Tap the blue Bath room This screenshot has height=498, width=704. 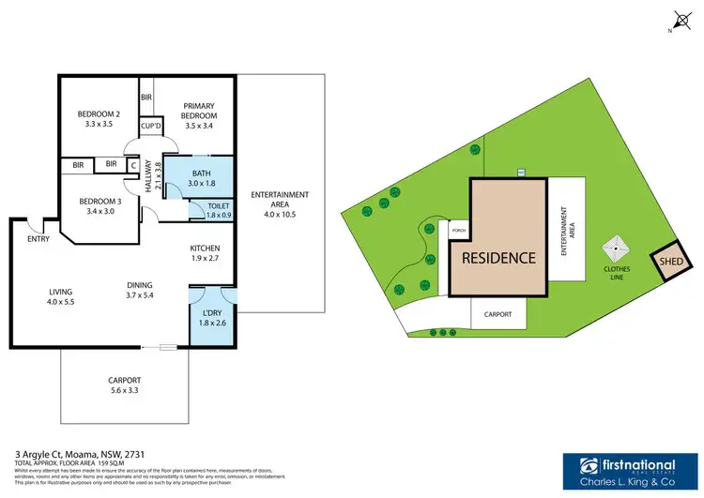(201, 178)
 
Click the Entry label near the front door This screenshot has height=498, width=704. (38, 239)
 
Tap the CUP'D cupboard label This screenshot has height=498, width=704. (148, 126)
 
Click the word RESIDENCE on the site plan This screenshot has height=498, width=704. (497, 257)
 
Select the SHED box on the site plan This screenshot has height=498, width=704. (668, 264)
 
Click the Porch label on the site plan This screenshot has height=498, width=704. (459, 231)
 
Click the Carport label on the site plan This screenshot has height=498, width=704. (497, 315)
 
